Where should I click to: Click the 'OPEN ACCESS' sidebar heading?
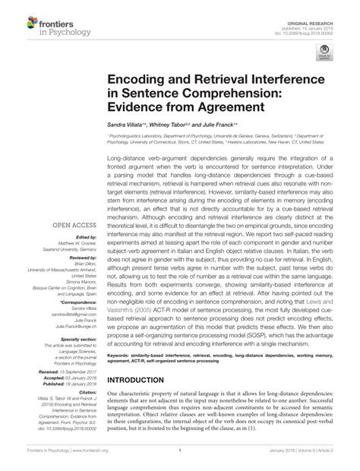point(69,226)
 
